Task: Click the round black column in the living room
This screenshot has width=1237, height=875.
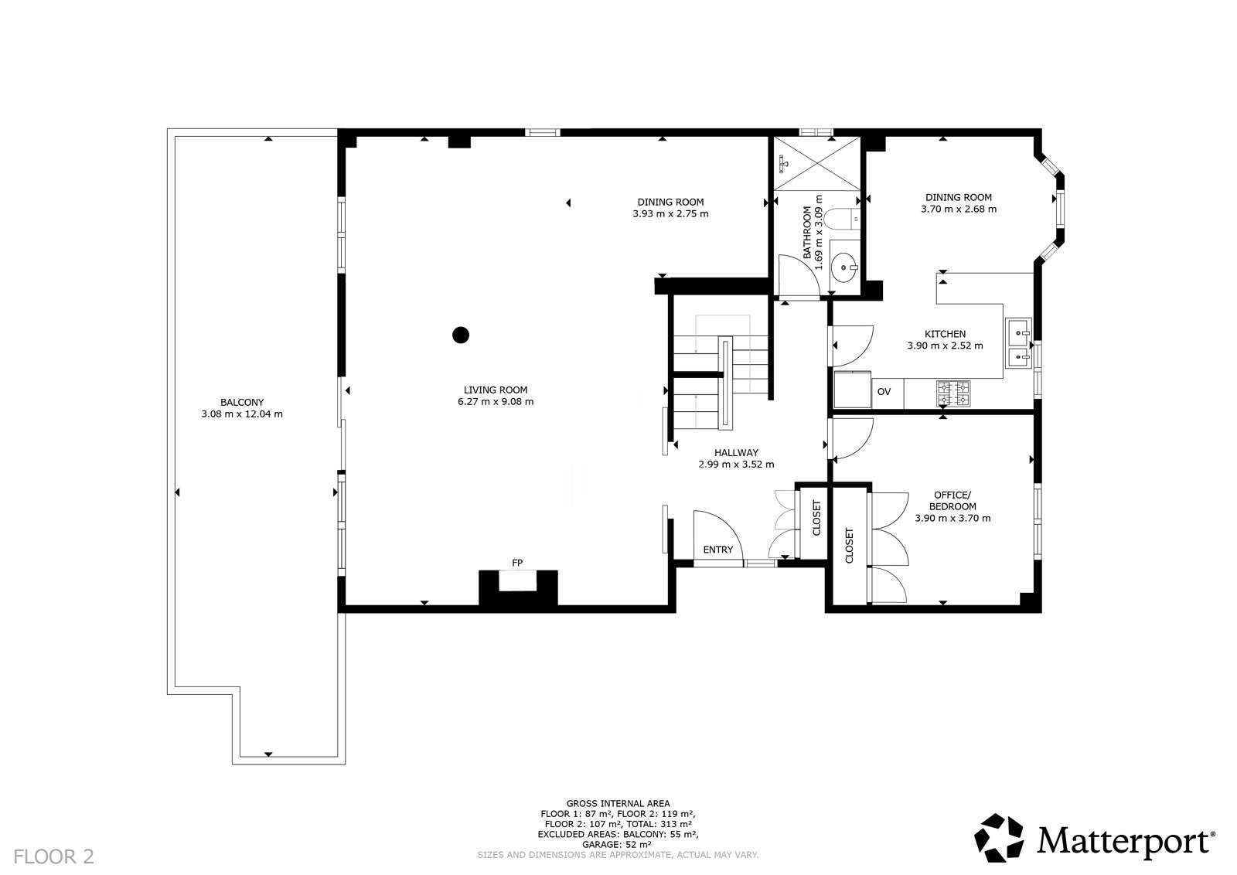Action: click(461, 335)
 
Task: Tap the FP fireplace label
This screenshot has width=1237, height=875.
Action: click(517, 562)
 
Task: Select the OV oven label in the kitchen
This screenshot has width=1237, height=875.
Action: click(884, 392)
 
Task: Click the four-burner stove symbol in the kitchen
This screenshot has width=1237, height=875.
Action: click(952, 393)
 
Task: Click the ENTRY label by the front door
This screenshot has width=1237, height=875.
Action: click(717, 550)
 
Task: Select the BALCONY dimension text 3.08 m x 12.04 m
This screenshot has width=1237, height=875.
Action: click(241, 414)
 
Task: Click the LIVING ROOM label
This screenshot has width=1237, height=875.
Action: click(496, 390)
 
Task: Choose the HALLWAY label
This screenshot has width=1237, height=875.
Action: click(736, 453)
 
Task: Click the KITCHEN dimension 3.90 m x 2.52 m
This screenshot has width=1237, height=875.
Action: click(945, 346)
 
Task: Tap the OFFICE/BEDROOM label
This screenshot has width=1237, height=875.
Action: click(952, 500)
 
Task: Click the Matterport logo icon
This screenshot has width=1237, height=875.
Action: click(999, 837)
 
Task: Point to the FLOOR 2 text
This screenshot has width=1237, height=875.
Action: click(54, 856)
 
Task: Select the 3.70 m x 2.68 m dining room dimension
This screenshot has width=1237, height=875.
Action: click(959, 209)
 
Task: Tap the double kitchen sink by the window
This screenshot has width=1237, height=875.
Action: click(1018, 345)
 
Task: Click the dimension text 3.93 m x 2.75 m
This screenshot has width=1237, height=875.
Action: click(670, 213)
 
